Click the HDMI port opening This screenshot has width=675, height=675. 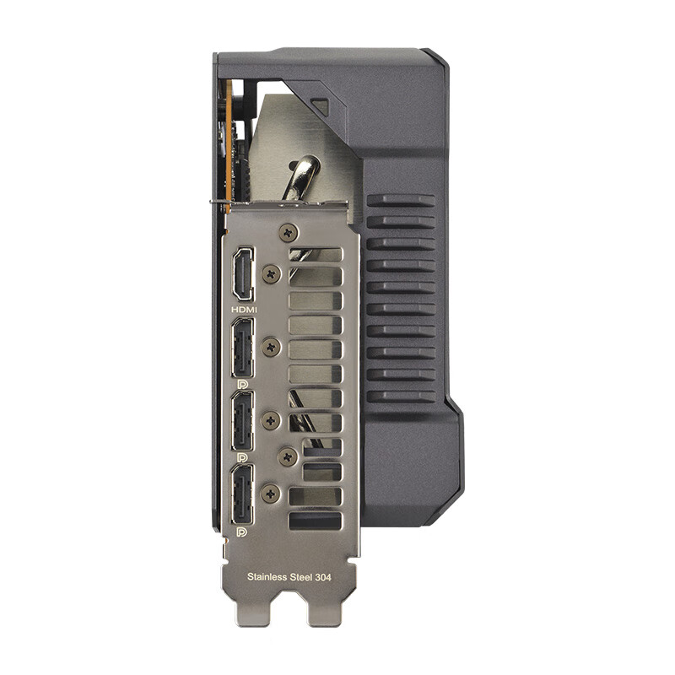[x=244, y=274]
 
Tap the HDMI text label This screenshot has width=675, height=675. [x=244, y=310]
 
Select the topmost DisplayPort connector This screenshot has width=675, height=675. [x=243, y=348]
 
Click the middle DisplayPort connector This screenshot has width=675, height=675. [x=243, y=421]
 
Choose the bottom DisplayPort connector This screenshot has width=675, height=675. [x=243, y=494]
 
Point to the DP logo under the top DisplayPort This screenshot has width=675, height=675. [x=241, y=385]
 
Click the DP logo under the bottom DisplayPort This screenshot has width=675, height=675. [x=241, y=532]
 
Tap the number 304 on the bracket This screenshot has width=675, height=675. [x=322, y=577]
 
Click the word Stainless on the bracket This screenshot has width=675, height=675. [x=267, y=577]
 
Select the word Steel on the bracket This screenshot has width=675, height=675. [x=300, y=577]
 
